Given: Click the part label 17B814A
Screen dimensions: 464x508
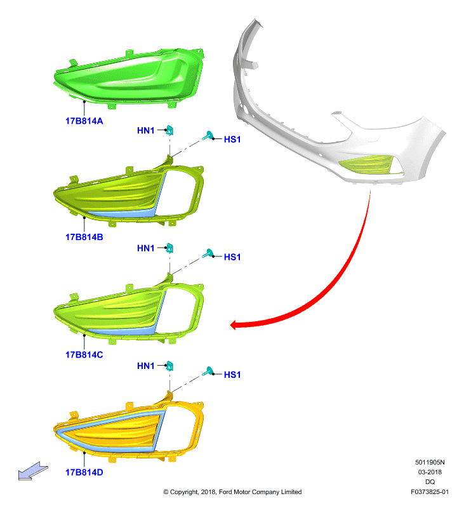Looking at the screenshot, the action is pos(84,121).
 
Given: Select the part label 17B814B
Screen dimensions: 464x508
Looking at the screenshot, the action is pos(84,237).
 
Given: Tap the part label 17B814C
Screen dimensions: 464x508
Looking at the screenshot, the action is pos(84,355).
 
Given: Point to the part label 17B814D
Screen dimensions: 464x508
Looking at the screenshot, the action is pos(84,472).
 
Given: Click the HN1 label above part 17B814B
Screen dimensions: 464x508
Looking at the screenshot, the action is pos(146,131).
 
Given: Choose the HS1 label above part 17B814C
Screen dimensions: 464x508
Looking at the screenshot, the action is pos(232,257).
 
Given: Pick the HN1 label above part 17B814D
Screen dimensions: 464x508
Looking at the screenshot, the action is pos(146,366).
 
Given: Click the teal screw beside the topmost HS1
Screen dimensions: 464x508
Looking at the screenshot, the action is pos(208,135).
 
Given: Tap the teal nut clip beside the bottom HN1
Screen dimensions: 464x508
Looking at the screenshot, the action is pos(169,366).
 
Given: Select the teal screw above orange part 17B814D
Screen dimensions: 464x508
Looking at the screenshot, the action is pos(208,371).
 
